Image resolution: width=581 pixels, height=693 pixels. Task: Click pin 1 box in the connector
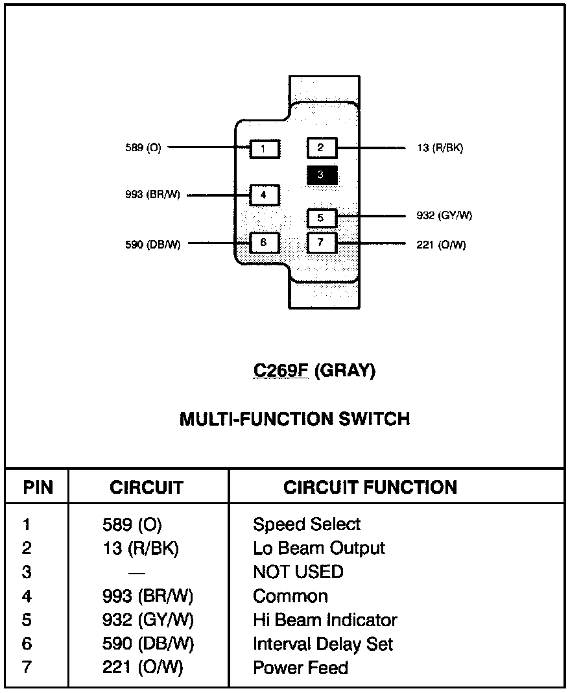coord(265,149)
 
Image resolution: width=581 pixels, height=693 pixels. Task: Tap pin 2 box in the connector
coord(322,147)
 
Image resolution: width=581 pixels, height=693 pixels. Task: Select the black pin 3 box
coord(322,175)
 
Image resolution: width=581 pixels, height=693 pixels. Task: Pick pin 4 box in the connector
coord(265,195)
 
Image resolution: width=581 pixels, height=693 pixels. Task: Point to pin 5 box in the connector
coord(322,218)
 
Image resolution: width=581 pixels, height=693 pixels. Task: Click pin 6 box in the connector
coord(265,243)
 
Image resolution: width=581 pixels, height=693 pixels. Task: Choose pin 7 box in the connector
coord(322,243)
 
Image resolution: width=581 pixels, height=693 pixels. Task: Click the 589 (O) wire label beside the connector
coord(143,147)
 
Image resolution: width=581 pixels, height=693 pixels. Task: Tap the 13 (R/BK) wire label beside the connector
coord(440,148)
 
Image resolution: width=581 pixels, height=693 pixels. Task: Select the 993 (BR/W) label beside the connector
coord(152,195)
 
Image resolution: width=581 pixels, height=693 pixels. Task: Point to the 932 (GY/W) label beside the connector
coord(444,215)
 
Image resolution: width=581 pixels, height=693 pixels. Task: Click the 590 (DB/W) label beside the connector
coord(153,245)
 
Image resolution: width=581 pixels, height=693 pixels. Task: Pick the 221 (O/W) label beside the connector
coord(441,245)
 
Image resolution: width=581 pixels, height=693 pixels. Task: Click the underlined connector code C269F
coord(281,371)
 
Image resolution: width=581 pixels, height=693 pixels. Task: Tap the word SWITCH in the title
coord(374,419)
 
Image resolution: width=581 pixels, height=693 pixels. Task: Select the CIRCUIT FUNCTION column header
coord(370,487)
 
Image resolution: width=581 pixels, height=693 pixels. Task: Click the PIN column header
coord(38,487)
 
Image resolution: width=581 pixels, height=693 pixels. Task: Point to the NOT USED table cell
coord(298,572)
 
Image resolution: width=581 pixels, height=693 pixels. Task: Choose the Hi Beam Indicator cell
coord(325,620)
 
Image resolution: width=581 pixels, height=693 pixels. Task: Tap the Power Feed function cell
coord(301,668)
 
